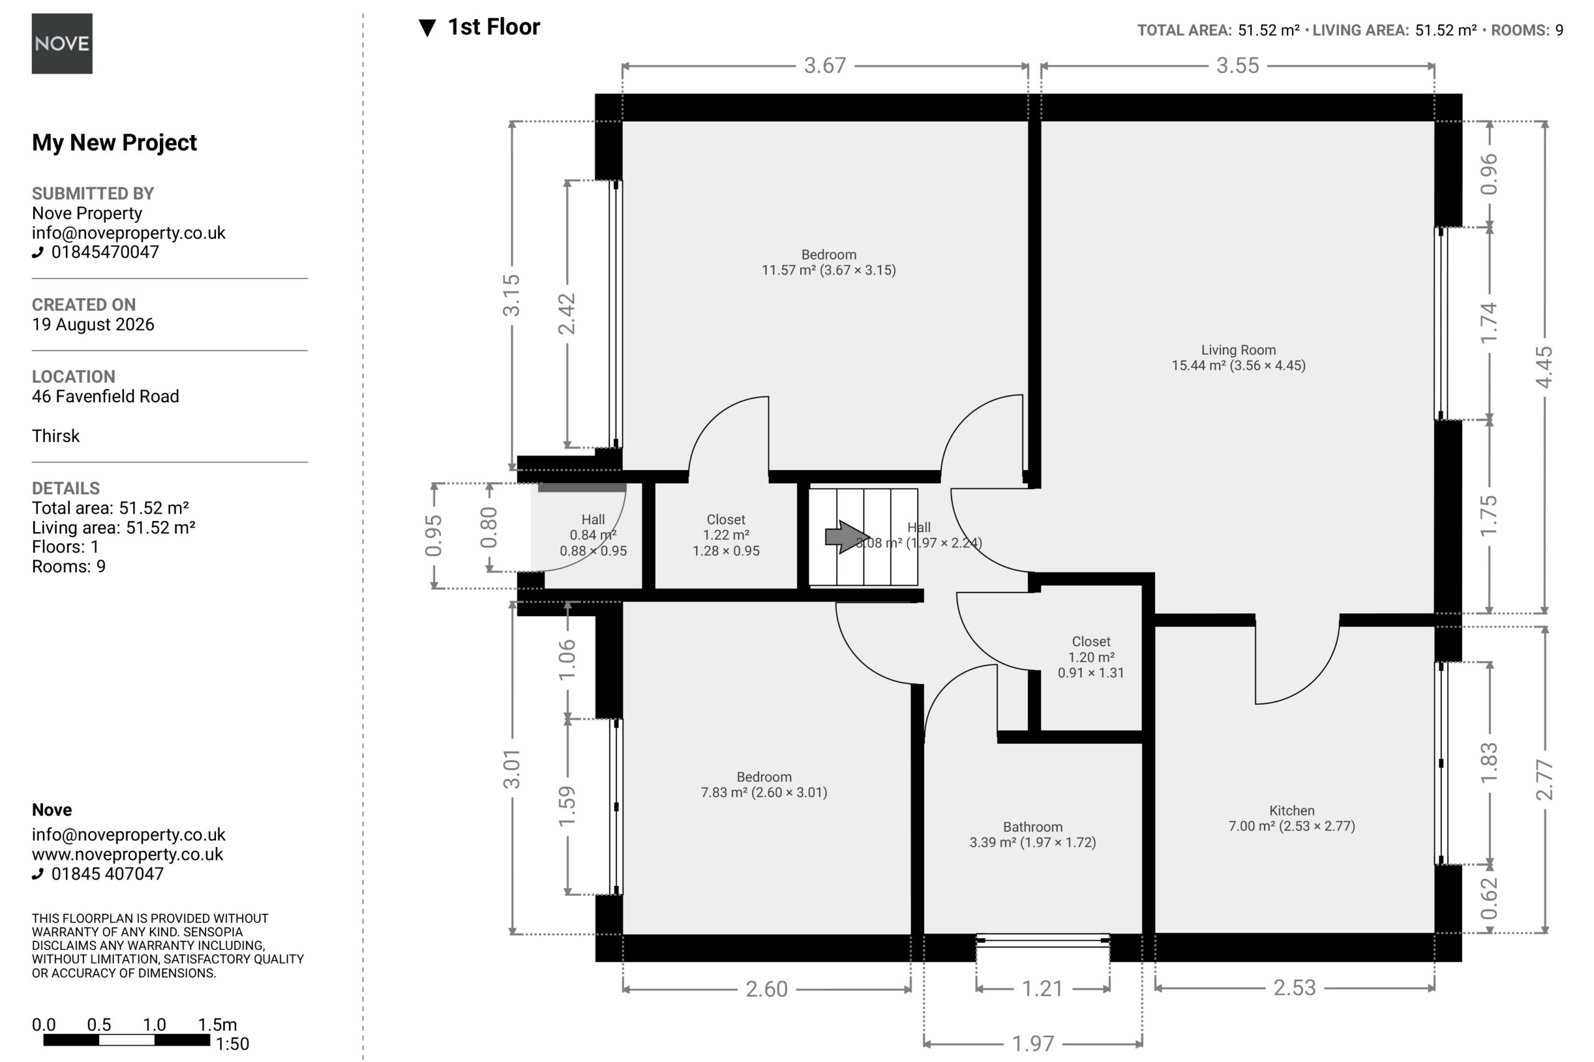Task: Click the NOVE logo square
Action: [x=62, y=44]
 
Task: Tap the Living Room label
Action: [x=1238, y=350]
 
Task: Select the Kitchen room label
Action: [x=1292, y=811]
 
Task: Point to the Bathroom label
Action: [x=1032, y=827]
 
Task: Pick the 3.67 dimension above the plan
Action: [x=824, y=66]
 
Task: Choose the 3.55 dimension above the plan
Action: [x=1237, y=66]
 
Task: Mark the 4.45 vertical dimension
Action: [x=1544, y=368]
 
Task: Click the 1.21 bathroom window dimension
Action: [x=1042, y=989]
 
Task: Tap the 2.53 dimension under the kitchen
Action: [x=1294, y=988]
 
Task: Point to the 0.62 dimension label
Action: [x=1489, y=899]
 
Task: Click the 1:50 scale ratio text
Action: [x=232, y=1044]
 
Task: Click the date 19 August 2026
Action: [x=93, y=324]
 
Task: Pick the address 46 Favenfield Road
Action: [x=106, y=396]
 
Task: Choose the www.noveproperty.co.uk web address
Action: [x=128, y=854]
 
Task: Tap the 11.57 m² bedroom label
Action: [x=829, y=270]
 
